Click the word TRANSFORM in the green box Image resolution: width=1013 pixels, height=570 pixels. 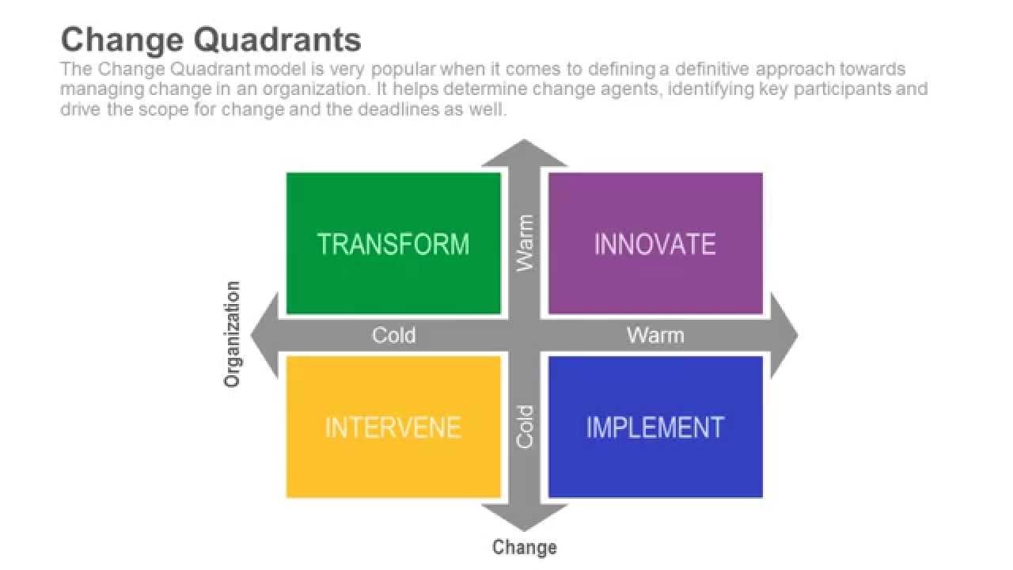393,244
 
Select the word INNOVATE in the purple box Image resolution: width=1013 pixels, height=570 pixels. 654,244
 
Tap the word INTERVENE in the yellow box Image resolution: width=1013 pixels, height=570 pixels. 393,427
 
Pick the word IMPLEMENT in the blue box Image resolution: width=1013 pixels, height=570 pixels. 654,427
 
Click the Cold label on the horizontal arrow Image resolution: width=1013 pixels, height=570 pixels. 393,336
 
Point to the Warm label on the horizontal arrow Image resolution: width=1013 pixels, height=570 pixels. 655,336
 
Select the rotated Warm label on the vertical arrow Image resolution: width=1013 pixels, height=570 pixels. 525,244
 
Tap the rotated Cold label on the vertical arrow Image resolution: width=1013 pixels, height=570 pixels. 525,427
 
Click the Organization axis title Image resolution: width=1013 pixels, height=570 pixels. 232,334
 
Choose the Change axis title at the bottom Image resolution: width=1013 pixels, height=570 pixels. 524,547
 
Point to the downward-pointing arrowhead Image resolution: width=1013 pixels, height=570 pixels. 524,518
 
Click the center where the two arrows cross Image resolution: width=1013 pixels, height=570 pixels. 524,336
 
